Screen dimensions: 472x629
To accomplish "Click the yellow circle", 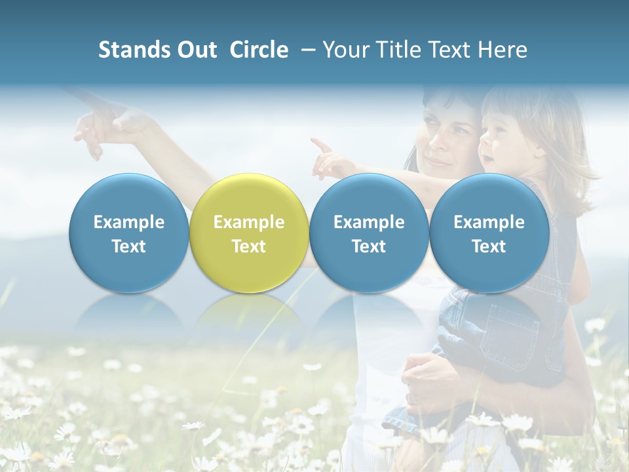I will tap(248, 233).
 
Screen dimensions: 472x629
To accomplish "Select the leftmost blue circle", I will tap(128, 233).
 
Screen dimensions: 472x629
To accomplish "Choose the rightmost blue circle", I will tap(489, 233).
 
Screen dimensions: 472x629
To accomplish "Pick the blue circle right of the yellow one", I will tap(369, 233).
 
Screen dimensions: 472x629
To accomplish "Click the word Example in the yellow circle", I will tap(248, 222).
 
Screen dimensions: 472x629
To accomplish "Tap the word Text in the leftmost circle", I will tap(128, 246).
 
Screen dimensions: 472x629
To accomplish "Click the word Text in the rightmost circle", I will tap(489, 246).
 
